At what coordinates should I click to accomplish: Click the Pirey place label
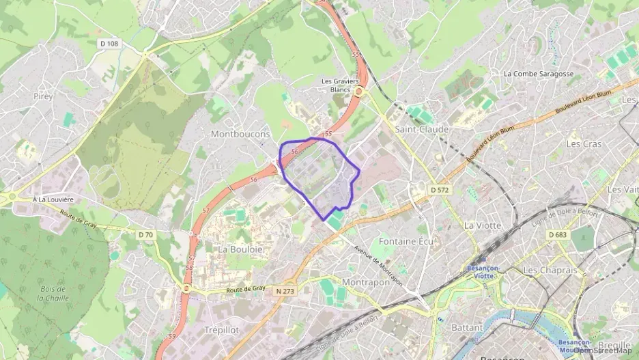[42, 96]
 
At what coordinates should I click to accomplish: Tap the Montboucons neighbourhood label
[240, 133]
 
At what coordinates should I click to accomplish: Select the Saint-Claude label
[422, 129]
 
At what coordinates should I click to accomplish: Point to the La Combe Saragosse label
[538, 74]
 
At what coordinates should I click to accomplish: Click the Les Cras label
[584, 144]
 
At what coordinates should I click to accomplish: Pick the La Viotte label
[482, 225]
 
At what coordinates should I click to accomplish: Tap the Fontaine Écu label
[406, 242]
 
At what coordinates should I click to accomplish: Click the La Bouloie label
[240, 249]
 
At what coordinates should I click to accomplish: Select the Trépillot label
[221, 329]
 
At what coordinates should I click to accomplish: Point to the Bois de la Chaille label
[53, 293]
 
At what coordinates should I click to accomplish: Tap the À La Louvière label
[53, 199]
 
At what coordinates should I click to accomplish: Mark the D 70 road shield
[146, 235]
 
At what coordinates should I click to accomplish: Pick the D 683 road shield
[557, 234]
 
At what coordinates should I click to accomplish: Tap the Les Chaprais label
[550, 271]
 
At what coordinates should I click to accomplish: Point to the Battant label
[467, 327]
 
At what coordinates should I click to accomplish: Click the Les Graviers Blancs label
[340, 85]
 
